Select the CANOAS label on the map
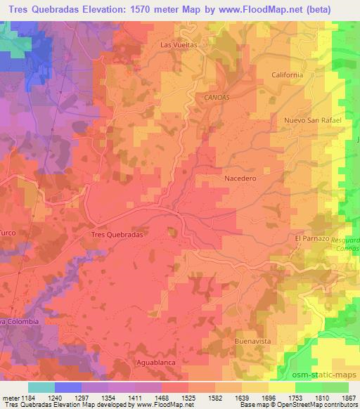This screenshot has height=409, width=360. point(218,97)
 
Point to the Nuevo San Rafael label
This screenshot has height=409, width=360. point(313,120)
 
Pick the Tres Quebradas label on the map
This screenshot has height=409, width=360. point(117,235)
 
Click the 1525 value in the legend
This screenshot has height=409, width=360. point(189,397)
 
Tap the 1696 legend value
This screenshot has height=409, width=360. point(269,397)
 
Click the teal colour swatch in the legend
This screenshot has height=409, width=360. point(41,387)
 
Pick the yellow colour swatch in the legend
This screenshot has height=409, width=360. point(281,387)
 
